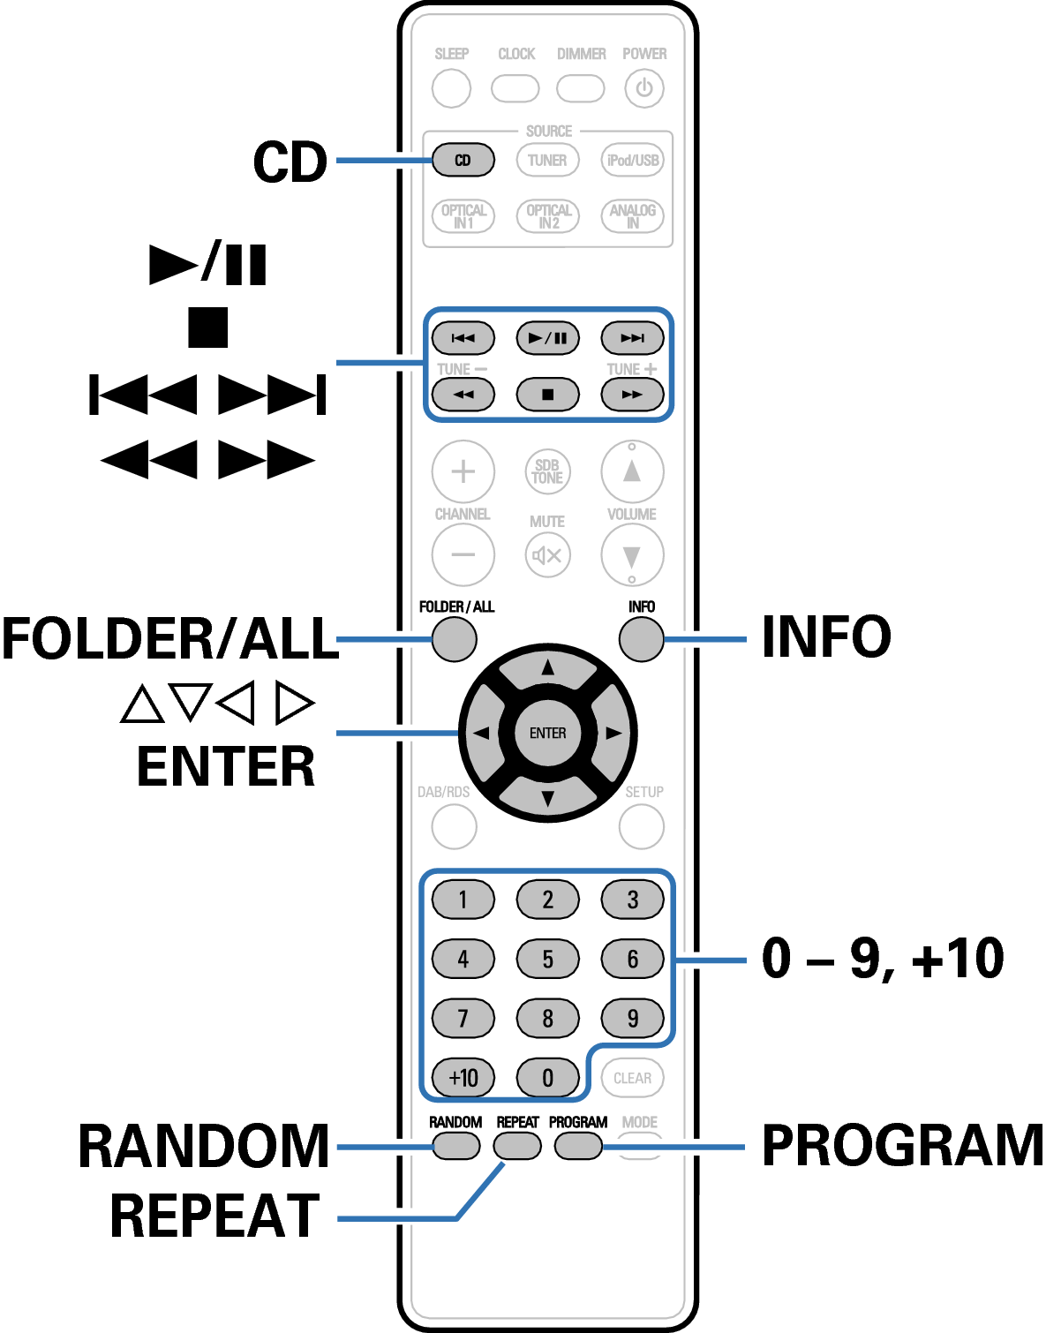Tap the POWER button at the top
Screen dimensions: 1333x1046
643,88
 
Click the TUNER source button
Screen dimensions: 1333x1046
547,161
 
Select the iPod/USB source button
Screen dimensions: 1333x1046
632,161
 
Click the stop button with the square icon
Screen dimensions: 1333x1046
547,395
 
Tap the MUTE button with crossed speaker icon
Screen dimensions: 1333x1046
547,555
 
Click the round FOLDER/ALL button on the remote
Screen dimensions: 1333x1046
454,639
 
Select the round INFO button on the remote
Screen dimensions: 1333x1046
641,639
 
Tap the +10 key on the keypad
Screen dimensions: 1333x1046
463,1078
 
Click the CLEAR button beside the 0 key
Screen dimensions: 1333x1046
632,1078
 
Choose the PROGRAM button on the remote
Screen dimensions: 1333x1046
578,1146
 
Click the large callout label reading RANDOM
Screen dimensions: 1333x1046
204,1146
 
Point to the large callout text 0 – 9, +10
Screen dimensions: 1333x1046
883,959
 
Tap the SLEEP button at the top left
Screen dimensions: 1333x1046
451,88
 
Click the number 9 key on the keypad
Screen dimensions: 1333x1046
632,1019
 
